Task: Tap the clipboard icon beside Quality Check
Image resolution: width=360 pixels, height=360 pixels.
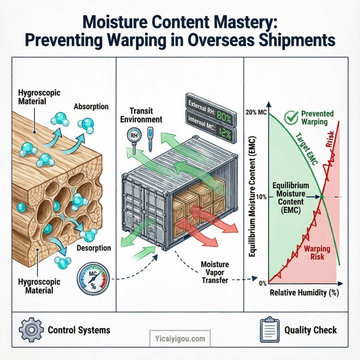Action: pyautogui.click(x=268, y=330)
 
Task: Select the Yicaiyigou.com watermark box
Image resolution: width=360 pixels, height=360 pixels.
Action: pyautogui.click(x=180, y=339)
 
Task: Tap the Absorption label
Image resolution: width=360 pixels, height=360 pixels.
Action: pyautogui.click(x=91, y=106)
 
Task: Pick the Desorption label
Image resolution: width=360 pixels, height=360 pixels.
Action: pyautogui.click(x=94, y=248)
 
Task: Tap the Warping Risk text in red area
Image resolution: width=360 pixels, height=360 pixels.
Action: pyautogui.click(x=317, y=253)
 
